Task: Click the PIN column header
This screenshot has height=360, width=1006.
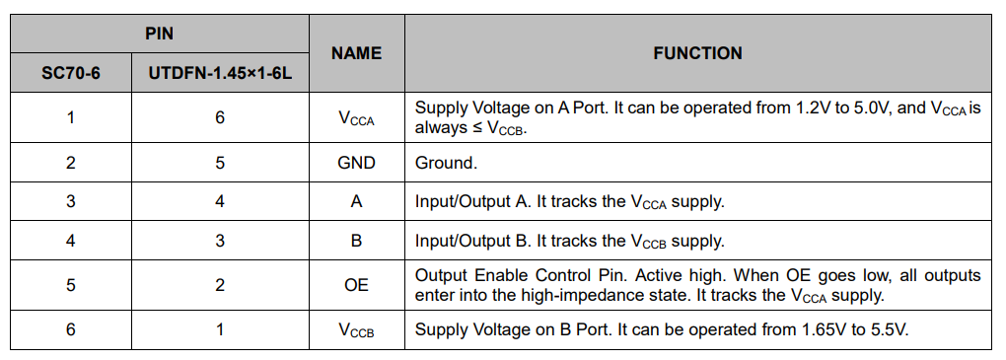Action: tap(159, 34)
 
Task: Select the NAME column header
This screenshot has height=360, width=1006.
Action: tap(356, 53)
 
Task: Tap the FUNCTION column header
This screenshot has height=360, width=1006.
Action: tap(697, 53)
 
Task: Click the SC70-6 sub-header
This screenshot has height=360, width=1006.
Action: tap(70, 73)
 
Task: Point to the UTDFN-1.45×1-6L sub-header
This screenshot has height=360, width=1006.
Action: tap(220, 73)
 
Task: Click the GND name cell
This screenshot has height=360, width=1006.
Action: tap(356, 163)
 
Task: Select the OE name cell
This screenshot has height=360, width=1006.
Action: tap(356, 284)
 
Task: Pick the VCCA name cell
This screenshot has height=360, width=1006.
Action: tap(356, 118)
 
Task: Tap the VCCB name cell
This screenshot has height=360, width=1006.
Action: tap(356, 329)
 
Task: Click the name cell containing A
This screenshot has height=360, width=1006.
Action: tap(356, 201)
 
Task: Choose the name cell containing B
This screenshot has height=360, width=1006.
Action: tap(356, 240)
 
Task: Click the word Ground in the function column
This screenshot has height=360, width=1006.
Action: tap(446, 163)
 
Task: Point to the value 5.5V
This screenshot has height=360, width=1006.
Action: tap(887, 329)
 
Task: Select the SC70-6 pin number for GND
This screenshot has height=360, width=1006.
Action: tap(70, 163)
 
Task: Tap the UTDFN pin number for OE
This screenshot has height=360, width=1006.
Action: tap(220, 284)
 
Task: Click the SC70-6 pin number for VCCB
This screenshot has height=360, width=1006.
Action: tap(70, 329)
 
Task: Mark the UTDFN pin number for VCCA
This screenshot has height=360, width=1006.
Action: tap(220, 117)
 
